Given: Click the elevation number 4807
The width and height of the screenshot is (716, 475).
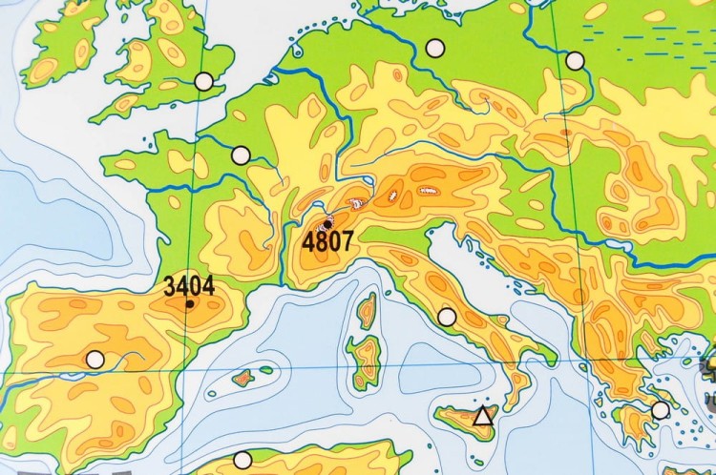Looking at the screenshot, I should click(328, 241).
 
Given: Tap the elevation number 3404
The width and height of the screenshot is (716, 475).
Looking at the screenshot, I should click(188, 285).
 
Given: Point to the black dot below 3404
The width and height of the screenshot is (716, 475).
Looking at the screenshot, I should click(189, 304).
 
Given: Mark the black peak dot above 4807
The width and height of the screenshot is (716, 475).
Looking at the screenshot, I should click(328, 221).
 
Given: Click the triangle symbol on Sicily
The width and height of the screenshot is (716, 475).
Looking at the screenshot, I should click(483, 416).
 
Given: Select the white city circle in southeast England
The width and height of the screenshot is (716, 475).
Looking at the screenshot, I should click(203, 81).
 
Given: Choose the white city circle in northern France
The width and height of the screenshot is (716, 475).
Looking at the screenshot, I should click(241, 155).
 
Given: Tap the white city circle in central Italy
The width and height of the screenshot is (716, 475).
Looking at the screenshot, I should click(447, 317).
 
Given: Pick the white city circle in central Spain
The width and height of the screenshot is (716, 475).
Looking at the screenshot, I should click(95, 360).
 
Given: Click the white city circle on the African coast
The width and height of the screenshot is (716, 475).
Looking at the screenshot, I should click(242, 460).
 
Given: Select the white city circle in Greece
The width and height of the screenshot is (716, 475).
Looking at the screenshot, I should click(661, 410).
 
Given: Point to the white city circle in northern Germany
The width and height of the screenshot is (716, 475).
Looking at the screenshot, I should click(436, 47).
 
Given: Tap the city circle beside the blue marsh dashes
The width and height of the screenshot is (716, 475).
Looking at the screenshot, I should click(575, 61).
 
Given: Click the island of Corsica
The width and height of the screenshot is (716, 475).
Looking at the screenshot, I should click(367, 311).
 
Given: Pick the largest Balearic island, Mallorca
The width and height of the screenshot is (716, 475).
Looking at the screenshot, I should click(243, 377).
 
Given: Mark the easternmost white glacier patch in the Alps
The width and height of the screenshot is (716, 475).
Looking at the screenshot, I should click(429, 191).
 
